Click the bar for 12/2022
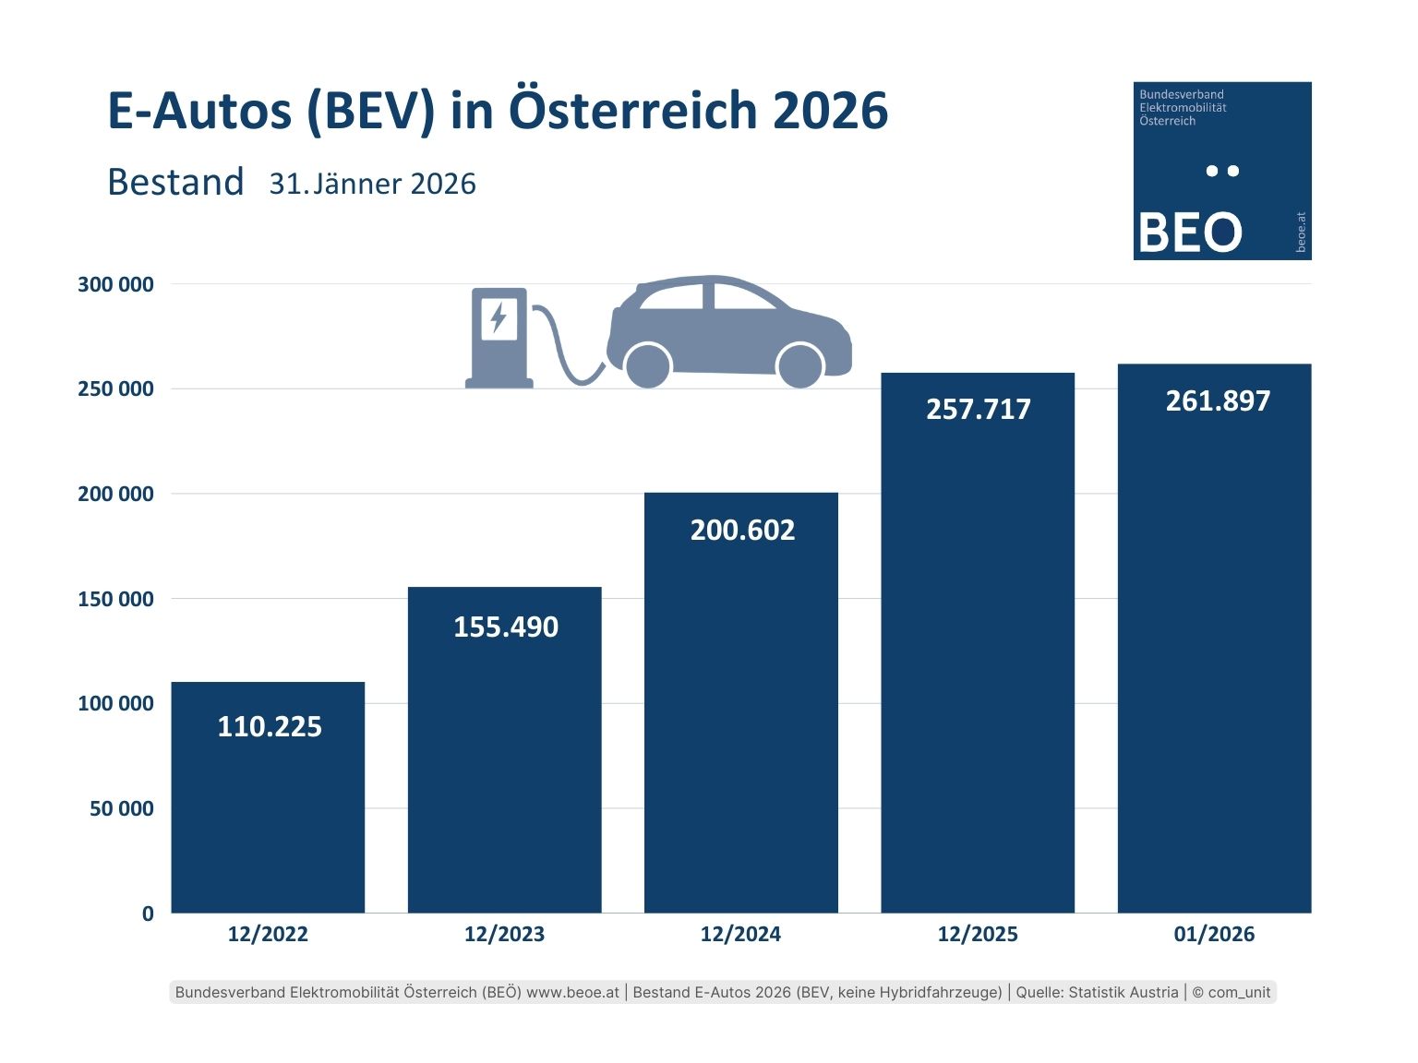(268, 812)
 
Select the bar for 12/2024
(740, 720)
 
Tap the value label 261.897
(1218, 401)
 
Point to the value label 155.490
(506, 627)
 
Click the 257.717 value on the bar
(978, 409)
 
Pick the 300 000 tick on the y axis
(115, 284)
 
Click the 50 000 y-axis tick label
(122, 808)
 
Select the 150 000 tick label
(115, 599)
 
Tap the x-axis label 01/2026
(1214, 934)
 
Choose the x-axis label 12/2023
(504, 934)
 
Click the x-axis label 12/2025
(978, 934)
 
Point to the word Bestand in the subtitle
(175, 182)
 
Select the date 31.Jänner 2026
(372, 184)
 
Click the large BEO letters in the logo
(1190, 233)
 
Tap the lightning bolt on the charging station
(499, 317)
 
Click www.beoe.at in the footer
(572, 992)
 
